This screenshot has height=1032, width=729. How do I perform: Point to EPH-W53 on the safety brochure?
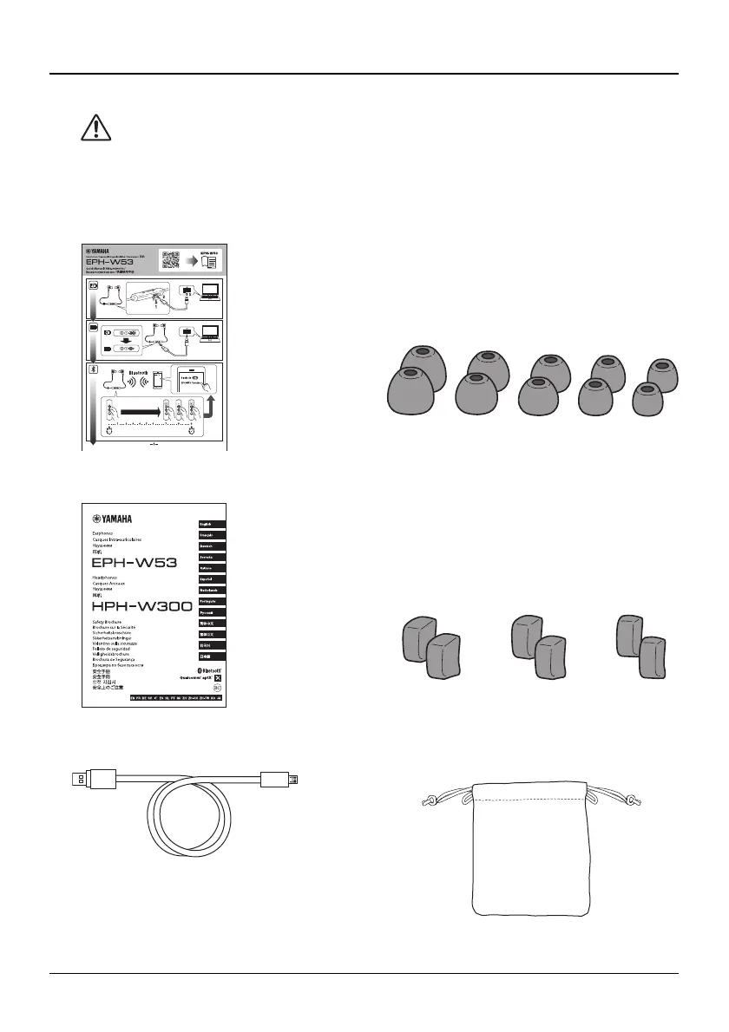pos(135,562)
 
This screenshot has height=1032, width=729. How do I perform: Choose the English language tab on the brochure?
pos(213,524)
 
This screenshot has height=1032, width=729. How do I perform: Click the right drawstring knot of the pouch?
pos(634,800)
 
